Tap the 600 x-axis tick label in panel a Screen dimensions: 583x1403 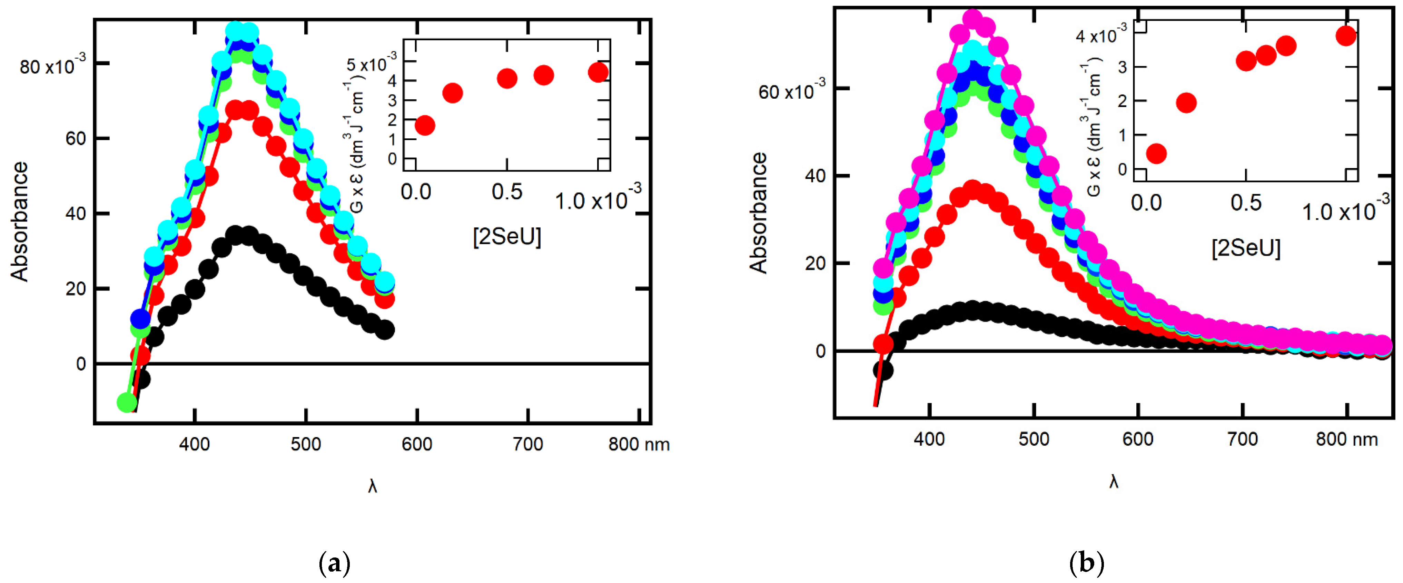coord(417,444)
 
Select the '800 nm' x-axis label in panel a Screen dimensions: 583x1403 coord(638,444)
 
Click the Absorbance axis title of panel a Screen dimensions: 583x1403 coord(20,221)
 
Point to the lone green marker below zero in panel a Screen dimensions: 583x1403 coord(127,403)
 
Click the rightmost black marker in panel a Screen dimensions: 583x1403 coord(385,330)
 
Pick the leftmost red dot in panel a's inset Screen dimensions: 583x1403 coord(425,125)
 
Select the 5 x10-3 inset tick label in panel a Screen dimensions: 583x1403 coord(372,64)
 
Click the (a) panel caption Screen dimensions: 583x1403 coord(334,563)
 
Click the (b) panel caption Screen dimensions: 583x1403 coord(1087,563)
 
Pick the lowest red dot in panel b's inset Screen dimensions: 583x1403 coord(1156,154)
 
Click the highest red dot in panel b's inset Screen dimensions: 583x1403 coord(1346,36)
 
